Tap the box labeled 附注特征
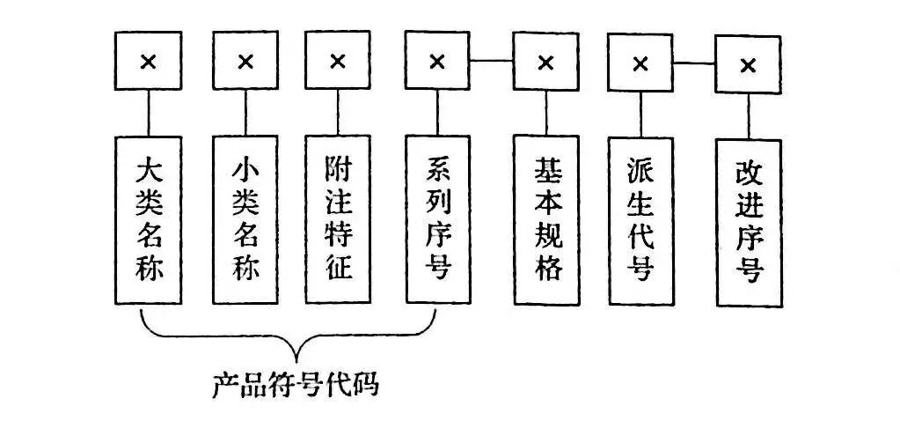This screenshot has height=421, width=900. click(x=338, y=218)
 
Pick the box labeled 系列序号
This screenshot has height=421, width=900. click(x=437, y=218)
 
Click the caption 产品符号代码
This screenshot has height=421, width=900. click(x=295, y=385)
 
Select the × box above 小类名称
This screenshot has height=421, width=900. click(x=246, y=62)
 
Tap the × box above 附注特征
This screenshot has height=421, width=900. click(x=338, y=62)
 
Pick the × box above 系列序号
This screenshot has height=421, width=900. click(x=437, y=62)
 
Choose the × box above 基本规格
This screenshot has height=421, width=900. click(x=546, y=63)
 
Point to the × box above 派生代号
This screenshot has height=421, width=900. click(x=641, y=63)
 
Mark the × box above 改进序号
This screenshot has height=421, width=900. click(x=749, y=65)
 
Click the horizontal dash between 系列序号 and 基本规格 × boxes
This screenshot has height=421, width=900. click(x=492, y=61)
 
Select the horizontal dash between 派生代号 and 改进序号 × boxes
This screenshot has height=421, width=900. click(x=695, y=63)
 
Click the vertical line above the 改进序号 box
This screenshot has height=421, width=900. click(x=749, y=116)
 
